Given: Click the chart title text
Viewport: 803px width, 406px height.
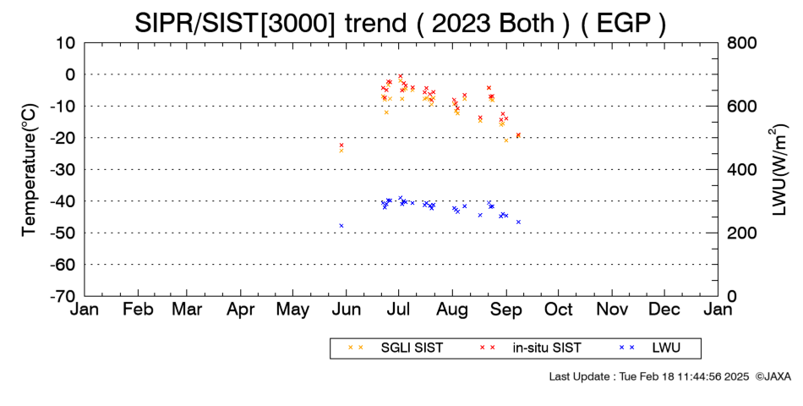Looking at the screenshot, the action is [401, 24].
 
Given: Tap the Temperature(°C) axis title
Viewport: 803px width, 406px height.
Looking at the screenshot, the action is [30, 170].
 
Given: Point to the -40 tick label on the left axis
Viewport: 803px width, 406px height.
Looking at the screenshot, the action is [63, 201].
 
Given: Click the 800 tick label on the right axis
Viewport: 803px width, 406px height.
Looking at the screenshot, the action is [741, 43].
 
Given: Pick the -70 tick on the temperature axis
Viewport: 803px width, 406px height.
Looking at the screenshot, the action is [63, 296].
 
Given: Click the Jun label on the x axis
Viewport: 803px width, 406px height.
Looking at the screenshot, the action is [347, 310].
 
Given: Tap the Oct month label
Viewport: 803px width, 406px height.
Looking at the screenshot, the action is [559, 310].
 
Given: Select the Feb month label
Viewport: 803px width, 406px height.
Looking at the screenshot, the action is [139, 310].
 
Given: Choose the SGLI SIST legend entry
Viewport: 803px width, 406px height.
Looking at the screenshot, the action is [396, 348].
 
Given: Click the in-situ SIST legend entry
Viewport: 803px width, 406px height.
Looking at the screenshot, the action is [530, 348].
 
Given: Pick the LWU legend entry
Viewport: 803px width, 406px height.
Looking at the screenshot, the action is [649, 348].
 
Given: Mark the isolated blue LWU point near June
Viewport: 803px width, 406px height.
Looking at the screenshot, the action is [341, 226].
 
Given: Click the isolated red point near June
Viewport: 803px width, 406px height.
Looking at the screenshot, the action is [341, 145].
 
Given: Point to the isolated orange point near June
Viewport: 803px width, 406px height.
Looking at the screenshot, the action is [341, 151].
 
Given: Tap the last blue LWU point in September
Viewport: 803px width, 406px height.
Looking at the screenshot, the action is [518, 222].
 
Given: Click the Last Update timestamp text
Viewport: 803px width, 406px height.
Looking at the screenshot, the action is [649, 376].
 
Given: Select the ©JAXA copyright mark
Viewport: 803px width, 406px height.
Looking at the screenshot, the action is [773, 376].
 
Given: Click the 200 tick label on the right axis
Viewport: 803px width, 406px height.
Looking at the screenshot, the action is [741, 233].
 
